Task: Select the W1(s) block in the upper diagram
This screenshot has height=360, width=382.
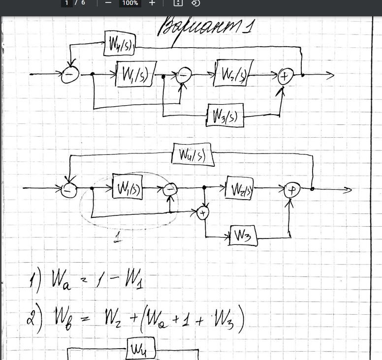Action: [x=135, y=74]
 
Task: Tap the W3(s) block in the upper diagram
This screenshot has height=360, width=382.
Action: [x=225, y=116]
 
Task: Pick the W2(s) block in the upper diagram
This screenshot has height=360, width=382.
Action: [x=233, y=73]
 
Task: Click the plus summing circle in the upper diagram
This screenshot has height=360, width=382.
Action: [x=285, y=76]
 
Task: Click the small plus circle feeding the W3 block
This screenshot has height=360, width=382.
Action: [x=203, y=212]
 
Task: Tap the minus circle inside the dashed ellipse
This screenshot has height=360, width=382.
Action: [x=170, y=189]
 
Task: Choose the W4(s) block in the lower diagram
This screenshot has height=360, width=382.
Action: [x=192, y=155]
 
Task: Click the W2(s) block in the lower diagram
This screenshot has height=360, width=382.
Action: [x=239, y=188]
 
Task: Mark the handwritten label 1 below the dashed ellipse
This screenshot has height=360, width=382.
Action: [x=118, y=240]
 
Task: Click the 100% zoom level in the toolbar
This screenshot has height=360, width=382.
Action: [x=130, y=3]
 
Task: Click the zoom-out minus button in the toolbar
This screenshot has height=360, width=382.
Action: [x=108, y=3]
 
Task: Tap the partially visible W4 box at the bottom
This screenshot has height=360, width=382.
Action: [x=141, y=350]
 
